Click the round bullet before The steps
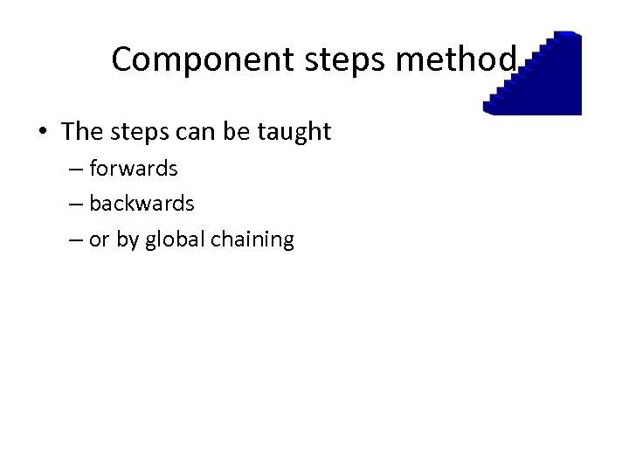coord(43,133)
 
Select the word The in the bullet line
coord(83,132)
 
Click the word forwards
coord(133,168)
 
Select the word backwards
coord(142,203)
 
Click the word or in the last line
coord(99,239)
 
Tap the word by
coord(128,239)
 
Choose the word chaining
coord(252,239)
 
